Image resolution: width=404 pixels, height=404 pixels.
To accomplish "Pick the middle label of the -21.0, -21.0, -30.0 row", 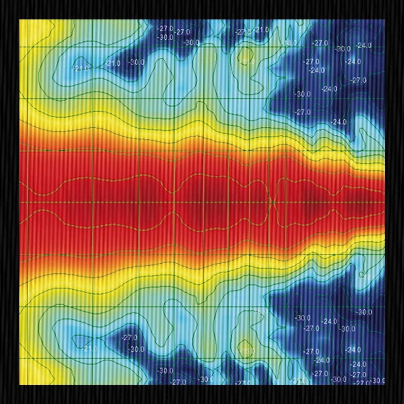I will [x=113, y=63].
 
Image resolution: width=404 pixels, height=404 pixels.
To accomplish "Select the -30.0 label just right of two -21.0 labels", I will [x=137, y=62].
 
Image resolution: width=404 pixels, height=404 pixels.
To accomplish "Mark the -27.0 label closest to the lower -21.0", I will [x=129, y=337].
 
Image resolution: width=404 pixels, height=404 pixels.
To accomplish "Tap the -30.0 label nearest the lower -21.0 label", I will [x=137, y=349].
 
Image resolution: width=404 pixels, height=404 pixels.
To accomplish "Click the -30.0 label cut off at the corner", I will [x=379, y=381].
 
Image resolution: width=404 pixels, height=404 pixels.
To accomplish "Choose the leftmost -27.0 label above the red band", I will [x=166, y=28].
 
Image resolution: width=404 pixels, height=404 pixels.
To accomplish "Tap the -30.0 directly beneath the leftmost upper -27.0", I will [x=166, y=37].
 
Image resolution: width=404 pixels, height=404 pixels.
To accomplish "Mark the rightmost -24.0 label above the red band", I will [x=364, y=45].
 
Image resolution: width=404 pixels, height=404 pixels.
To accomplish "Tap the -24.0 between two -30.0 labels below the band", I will [x=329, y=322].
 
